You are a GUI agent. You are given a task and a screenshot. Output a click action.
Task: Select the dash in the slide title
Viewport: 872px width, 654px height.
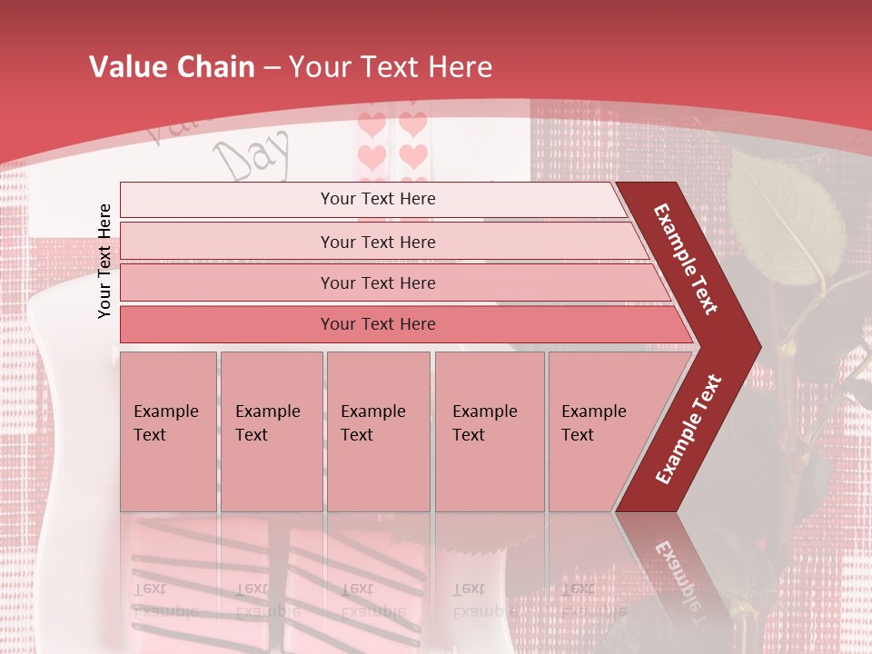pos(274,68)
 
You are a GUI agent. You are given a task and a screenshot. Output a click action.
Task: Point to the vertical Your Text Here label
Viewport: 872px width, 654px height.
pos(104,261)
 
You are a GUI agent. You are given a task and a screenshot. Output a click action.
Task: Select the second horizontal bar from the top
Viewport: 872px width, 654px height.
pos(378,242)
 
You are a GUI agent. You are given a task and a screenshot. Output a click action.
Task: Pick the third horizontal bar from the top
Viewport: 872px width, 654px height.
pos(378,282)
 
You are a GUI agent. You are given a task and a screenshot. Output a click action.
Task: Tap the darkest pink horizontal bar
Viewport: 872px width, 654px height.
pos(378,324)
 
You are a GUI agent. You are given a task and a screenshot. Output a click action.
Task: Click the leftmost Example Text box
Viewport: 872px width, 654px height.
pos(168,431)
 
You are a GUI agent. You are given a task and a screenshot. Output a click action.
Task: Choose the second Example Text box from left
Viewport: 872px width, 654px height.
pos(271,431)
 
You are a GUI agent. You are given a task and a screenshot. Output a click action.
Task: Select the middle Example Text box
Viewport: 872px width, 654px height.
pos(378,431)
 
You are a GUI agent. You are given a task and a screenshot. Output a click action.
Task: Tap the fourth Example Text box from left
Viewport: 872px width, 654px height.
pos(489,431)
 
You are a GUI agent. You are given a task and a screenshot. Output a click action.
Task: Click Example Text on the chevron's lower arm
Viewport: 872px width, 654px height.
pos(689,429)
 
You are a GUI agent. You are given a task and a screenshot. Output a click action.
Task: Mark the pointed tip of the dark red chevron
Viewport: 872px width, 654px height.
pos(759,347)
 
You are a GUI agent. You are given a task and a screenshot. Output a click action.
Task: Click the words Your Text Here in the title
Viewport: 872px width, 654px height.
pos(391,67)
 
